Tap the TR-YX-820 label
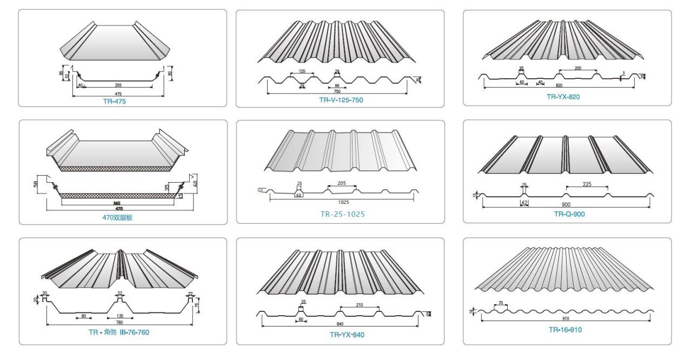click(564, 97)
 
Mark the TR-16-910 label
click(566, 329)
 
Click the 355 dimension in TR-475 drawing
click(118, 85)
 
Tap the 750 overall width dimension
click(337, 92)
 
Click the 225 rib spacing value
click(587, 184)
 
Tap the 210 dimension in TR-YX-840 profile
click(360, 305)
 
